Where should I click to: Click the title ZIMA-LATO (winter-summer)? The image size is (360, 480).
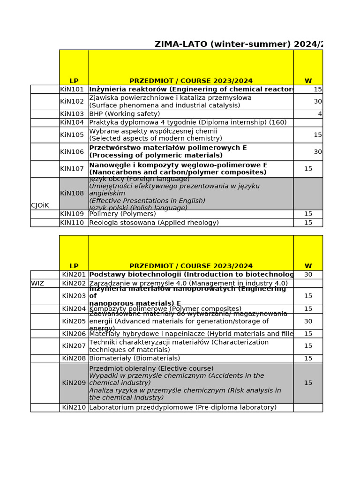pyautogui.click(x=238, y=44)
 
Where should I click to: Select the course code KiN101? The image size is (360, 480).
pyautogui.click(x=72, y=89)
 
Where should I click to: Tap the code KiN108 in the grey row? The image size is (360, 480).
pyautogui.click(x=72, y=193)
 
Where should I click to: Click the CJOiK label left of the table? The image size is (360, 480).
pyautogui.click(x=40, y=205)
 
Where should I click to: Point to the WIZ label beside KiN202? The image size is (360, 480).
pyautogui.click(x=37, y=283)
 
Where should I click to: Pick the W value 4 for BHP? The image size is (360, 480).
pyautogui.click(x=320, y=114)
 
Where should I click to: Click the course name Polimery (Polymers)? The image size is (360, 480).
pyautogui.click(x=122, y=214)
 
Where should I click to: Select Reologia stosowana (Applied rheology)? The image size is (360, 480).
pyautogui.click(x=154, y=223)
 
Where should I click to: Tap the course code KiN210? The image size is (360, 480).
pyautogui.click(x=74, y=407)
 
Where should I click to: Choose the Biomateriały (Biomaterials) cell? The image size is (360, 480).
pyautogui.click(x=135, y=358)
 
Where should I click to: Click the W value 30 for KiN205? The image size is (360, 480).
pyautogui.click(x=308, y=321)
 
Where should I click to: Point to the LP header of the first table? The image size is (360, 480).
pyautogui.click(x=74, y=81)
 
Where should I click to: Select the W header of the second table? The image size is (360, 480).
pyautogui.click(x=308, y=266)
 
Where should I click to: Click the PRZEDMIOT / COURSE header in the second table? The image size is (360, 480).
pyautogui.click(x=191, y=266)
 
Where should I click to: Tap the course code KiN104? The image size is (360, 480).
pyautogui.click(x=72, y=122)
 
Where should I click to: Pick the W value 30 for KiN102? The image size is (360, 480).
pyautogui.click(x=317, y=101)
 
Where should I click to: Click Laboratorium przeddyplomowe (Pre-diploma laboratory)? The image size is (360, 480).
pyautogui.click(x=183, y=407)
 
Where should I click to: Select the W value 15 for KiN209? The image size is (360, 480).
pyautogui.click(x=308, y=382)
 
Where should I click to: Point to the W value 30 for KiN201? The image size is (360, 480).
pyautogui.click(x=308, y=275)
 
